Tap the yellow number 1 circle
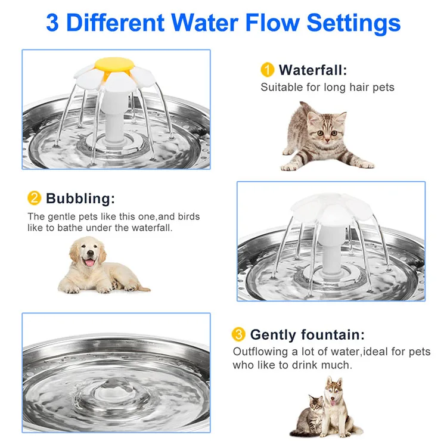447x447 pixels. coord(268,70)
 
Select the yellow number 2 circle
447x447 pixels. coord(35,198)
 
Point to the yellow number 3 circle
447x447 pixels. coord(239,334)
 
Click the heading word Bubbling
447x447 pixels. coord(80,198)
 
